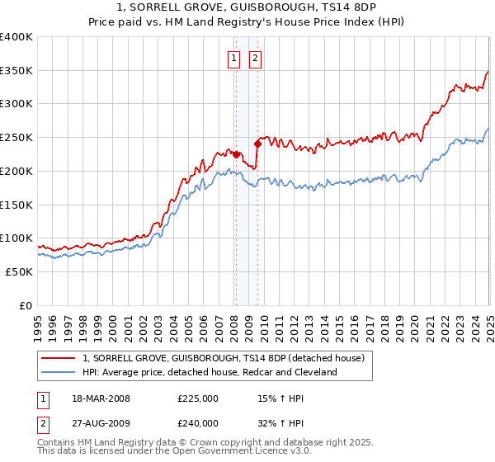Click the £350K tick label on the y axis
coord(16,71)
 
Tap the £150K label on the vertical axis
coord(16,205)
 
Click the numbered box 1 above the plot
coord(234,58)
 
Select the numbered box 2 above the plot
coord(256,58)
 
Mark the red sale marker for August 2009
coord(258,144)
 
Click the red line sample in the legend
coord(59,359)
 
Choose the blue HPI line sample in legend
coord(59,372)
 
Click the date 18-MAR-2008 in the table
coord(101,398)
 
